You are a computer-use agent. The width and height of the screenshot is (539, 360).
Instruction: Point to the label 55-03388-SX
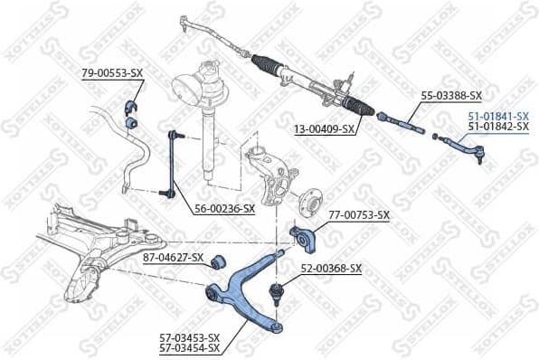451,95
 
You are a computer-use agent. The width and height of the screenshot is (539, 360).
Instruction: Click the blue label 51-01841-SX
497,116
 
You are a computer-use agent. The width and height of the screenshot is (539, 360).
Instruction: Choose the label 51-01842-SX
497,128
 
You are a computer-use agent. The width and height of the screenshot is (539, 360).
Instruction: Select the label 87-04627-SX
174,259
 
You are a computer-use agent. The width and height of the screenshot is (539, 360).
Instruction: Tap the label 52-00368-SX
331,269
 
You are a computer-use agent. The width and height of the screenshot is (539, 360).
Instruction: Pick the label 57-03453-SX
189,336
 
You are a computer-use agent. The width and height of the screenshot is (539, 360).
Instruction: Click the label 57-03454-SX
189,347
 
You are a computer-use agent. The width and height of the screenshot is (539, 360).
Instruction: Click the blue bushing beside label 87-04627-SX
217,262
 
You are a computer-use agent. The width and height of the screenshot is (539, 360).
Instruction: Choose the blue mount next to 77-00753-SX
301,238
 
